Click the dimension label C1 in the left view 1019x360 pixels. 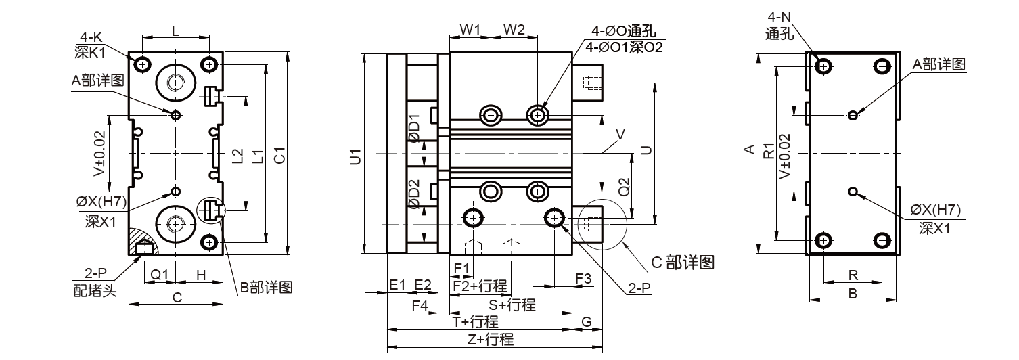[279, 155]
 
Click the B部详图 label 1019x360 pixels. [267, 288]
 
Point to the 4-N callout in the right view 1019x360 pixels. [777, 17]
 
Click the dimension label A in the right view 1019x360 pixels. [748, 149]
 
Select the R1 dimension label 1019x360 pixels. [768, 150]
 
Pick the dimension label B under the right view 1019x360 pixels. [853, 294]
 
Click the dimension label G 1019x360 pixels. [587, 321]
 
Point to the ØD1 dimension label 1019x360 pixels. [415, 131]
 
